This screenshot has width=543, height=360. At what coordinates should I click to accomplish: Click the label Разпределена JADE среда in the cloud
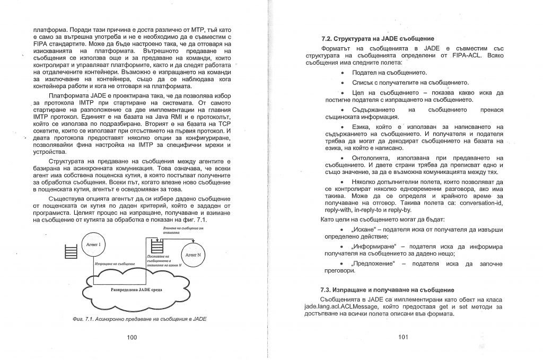[x=137, y=290]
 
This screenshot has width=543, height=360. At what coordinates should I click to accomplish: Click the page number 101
[x=404, y=337]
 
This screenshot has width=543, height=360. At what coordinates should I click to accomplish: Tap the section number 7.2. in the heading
[x=328, y=39]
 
